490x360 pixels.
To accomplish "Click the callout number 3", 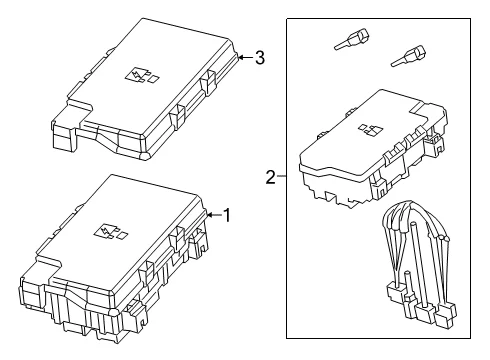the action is [260, 58].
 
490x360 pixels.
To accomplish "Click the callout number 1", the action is [227, 215].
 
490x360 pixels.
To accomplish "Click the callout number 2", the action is [271, 177].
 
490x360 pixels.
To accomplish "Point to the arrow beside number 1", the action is [214, 215].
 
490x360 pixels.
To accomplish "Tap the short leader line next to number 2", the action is [282, 176].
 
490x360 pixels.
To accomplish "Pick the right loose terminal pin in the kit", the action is [408, 56].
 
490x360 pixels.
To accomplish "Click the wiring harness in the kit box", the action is [419, 263].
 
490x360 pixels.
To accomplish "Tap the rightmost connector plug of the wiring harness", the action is [447, 313].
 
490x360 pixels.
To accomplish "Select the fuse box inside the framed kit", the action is [373, 149].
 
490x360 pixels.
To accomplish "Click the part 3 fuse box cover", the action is [145, 89].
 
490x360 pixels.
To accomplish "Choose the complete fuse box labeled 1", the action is [114, 258].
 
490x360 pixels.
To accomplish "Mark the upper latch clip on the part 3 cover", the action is [208, 83].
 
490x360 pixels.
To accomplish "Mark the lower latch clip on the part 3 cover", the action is [177, 116].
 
